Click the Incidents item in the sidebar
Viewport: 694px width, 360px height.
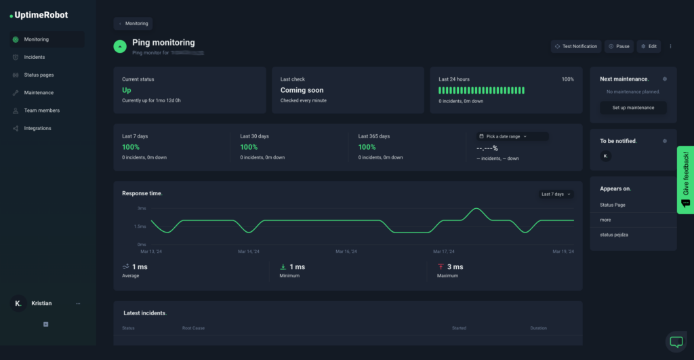pyautogui.click(x=34, y=57)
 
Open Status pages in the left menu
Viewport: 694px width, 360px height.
pyautogui.click(x=39, y=75)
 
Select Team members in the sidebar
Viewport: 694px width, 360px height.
pyautogui.click(x=41, y=111)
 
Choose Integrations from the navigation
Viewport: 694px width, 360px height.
pyautogui.click(x=37, y=128)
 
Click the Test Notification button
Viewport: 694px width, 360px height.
pyautogui.click(x=575, y=46)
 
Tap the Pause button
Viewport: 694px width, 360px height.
pyautogui.click(x=619, y=46)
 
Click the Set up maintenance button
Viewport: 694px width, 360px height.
pyautogui.click(x=633, y=108)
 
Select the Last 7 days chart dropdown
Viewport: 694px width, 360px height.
pyautogui.click(x=556, y=194)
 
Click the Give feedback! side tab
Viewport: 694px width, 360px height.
pyautogui.click(x=685, y=180)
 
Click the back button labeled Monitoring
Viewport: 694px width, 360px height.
pyautogui.click(x=133, y=23)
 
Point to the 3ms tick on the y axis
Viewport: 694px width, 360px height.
pyautogui.click(x=142, y=209)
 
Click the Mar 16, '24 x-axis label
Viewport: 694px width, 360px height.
pyautogui.click(x=347, y=252)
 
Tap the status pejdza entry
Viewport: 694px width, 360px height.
pyautogui.click(x=614, y=235)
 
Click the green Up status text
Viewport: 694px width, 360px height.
pyautogui.click(x=127, y=90)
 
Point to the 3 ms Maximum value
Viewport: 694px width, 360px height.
pyautogui.click(x=455, y=267)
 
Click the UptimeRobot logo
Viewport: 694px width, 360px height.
pyautogui.click(x=39, y=15)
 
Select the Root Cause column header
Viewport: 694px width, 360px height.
pyautogui.click(x=193, y=328)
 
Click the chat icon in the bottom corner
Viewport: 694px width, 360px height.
pyautogui.click(x=676, y=342)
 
